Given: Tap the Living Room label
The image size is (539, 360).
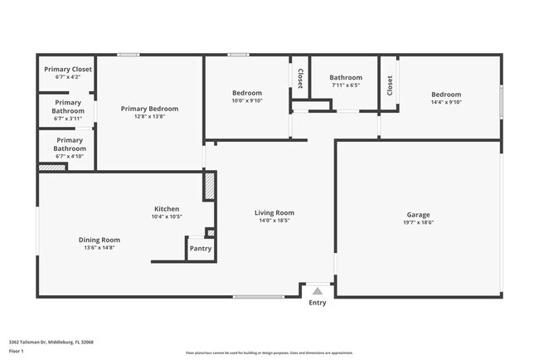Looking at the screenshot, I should (x=274, y=213).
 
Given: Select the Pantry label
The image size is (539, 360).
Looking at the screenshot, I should (x=200, y=248).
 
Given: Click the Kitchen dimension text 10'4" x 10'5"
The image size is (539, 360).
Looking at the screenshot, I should (x=166, y=217).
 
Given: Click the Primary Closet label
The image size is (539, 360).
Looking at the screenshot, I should (x=68, y=69).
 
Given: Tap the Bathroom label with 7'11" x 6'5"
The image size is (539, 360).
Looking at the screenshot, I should (x=346, y=78).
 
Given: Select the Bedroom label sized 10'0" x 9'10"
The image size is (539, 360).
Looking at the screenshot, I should (x=246, y=93).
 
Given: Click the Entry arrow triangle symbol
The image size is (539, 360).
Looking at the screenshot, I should (x=317, y=291).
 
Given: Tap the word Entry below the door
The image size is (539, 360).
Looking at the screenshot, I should (x=318, y=303).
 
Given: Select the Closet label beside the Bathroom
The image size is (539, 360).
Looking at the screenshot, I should (x=299, y=78).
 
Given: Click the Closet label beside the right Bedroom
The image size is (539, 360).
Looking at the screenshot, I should (x=389, y=85).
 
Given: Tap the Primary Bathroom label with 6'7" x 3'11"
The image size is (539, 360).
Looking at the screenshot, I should (x=68, y=107).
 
